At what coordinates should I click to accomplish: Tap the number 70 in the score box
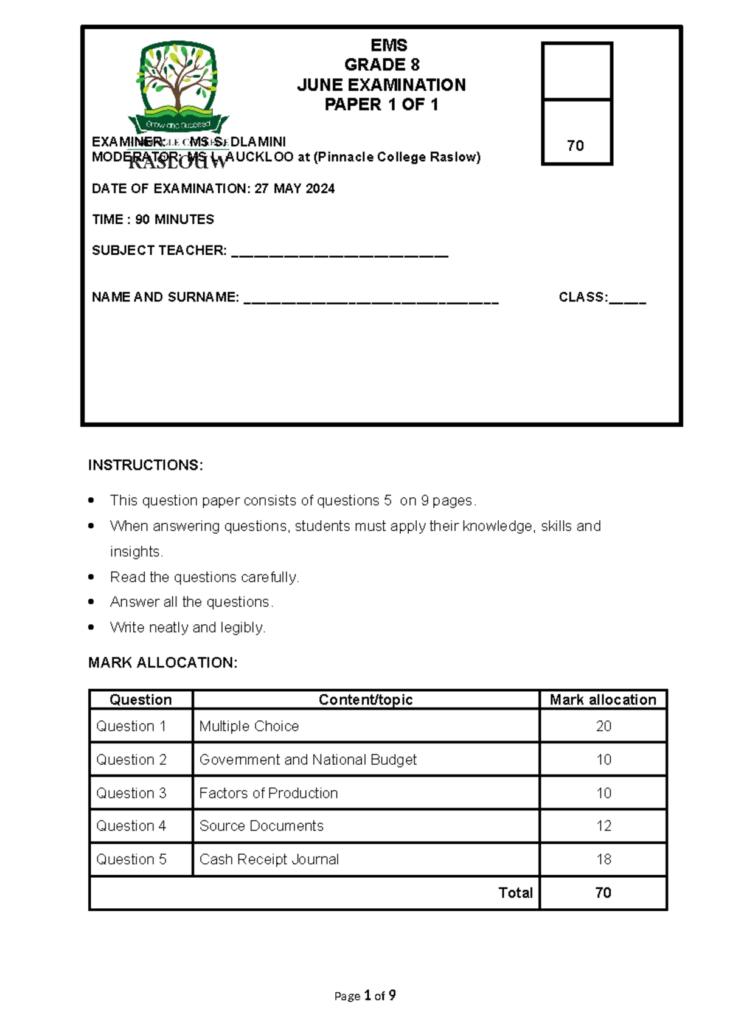coord(575,146)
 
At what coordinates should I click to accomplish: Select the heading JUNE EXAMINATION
coord(381,85)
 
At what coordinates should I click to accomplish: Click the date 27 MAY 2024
coord(294,189)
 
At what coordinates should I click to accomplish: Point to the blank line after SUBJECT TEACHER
coord(340,255)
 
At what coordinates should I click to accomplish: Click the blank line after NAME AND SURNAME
coord(371,301)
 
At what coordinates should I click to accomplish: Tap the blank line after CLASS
coord(627,301)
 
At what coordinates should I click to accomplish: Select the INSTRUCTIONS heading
coord(145,465)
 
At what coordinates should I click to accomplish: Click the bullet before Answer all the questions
coord(91,602)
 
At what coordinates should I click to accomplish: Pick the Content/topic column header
coord(366,700)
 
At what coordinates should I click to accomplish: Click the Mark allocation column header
coord(603,700)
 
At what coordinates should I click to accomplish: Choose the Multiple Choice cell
coord(249,726)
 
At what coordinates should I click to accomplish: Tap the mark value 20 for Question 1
coord(603,726)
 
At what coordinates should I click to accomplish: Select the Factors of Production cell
coord(268,793)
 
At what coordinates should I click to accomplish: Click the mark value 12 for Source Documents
coord(603,826)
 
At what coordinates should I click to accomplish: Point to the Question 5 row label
coord(131,859)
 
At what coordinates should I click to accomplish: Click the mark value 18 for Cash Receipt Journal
coord(603,859)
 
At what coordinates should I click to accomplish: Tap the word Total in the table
coord(515,892)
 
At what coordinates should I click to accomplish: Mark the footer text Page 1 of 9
coord(365,996)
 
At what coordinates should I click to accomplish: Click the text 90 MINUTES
coord(175,219)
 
